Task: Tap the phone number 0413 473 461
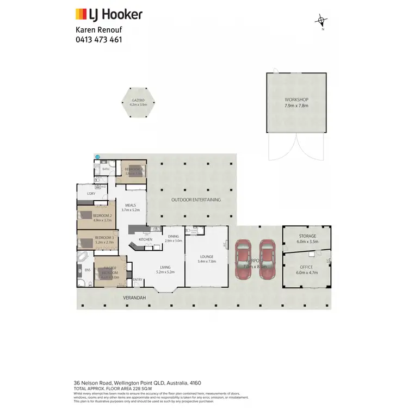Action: click(98, 40)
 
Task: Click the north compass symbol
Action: click(322, 22)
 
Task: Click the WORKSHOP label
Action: click(296, 100)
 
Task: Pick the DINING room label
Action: click(173, 236)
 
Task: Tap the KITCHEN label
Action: click(145, 239)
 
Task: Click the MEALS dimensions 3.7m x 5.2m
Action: click(131, 209)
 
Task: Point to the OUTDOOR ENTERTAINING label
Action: click(196, 200)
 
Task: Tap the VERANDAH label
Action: click(134, 298)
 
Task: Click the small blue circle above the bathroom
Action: click(98, 157)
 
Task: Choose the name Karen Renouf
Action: click(96, 30)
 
